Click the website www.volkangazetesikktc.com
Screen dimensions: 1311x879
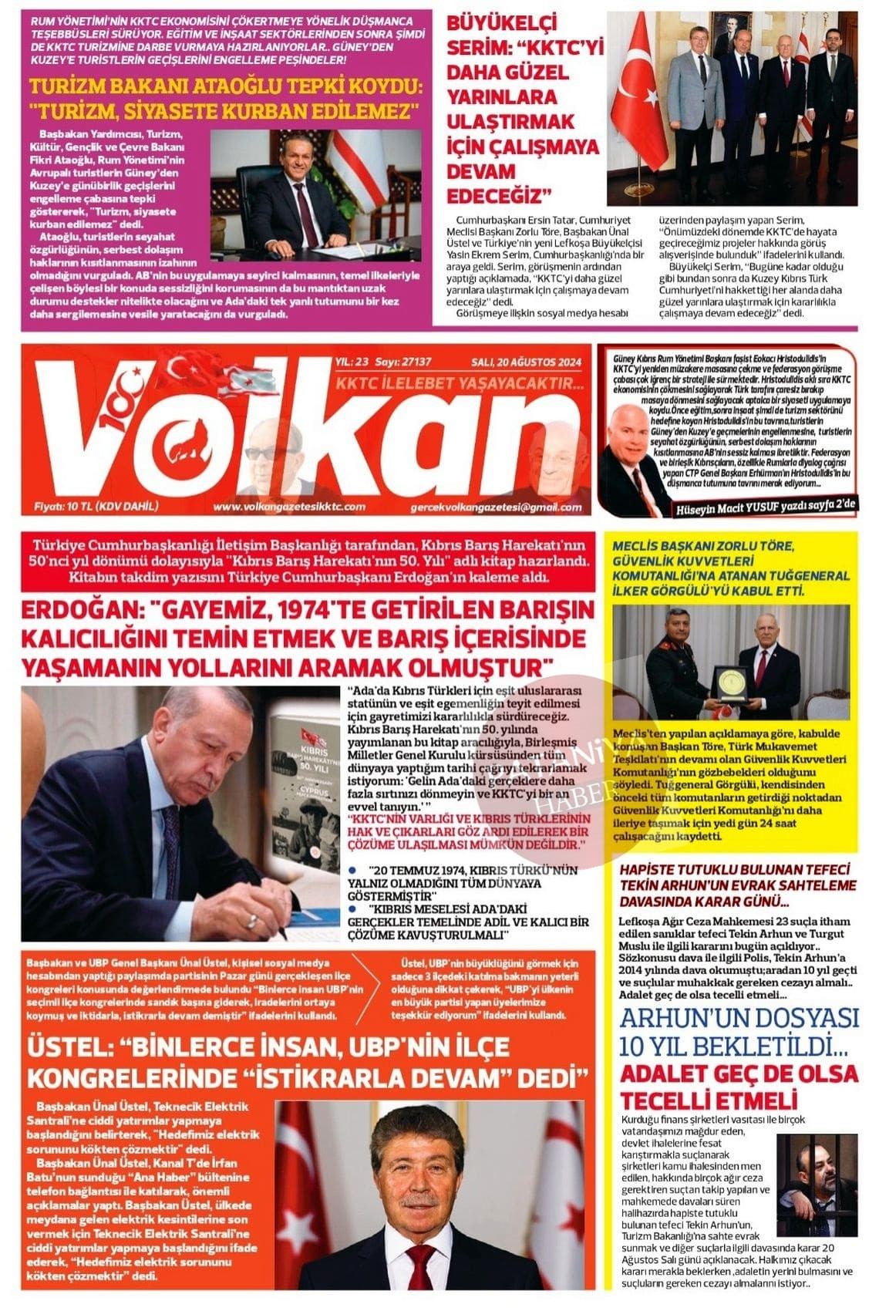(x=289, y=507)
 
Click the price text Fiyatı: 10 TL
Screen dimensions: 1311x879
(x=96, y=507)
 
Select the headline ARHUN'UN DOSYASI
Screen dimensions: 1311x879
(x=739, y=1018)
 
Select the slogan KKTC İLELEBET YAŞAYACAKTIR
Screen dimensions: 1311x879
(x=460, y=383)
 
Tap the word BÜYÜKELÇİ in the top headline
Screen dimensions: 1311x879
(x=502, y=23)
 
